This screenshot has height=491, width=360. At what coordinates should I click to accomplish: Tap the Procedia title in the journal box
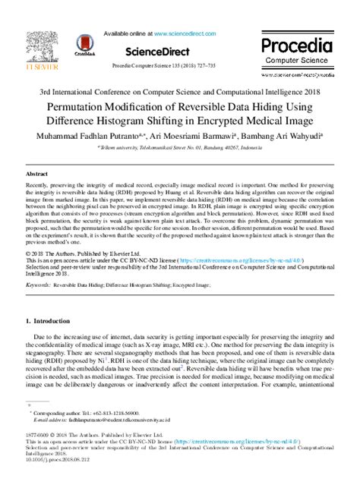coord(297,44)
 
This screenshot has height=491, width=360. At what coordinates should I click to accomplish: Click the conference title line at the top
coord(179,91)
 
